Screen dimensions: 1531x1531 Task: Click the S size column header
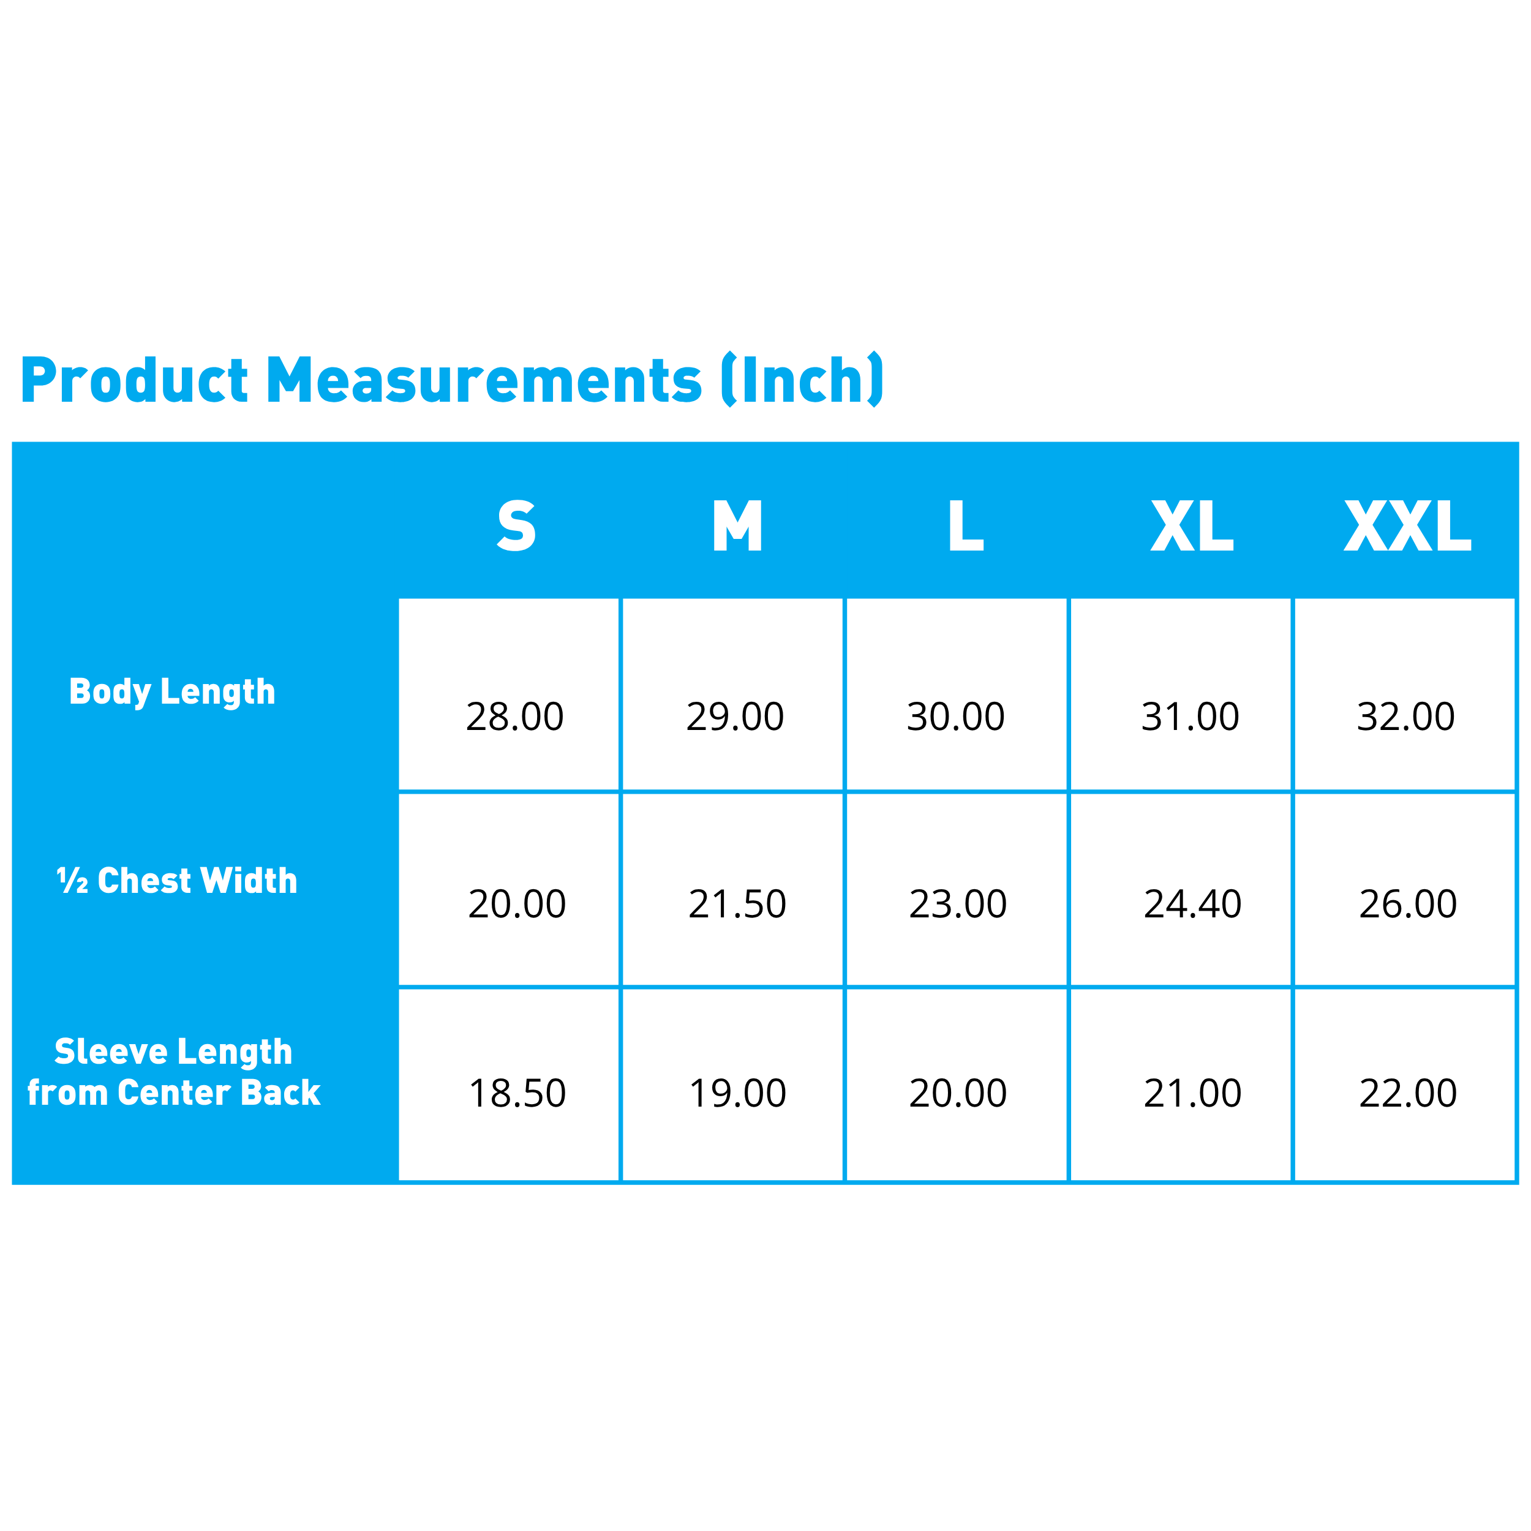click(x=517, y=525)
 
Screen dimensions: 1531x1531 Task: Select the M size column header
click(x=737, y=525)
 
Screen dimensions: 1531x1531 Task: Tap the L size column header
click(x=966, y=525)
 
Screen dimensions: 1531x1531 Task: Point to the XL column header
click(x=1192, y=525)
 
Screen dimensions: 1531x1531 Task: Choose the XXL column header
click(x=1407, y=525)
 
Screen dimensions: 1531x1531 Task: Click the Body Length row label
click(x=173, y=693)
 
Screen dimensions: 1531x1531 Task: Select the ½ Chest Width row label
click(x=178, y=881)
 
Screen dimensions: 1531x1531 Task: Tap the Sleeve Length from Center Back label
click(x=173, y=1072)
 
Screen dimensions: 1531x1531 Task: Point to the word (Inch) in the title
click(x=803, y=380)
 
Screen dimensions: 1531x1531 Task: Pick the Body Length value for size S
click(x=515, y=717)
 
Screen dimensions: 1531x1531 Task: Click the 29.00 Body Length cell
click(x=735, y=717)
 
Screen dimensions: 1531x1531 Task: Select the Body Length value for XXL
click(x=1406, y=717)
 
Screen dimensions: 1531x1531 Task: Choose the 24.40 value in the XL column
click(x=1192, y=904)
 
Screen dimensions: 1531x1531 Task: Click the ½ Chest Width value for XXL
click(x=1408, y=904)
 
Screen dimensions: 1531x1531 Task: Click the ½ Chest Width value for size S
click(x=517, y=904)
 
